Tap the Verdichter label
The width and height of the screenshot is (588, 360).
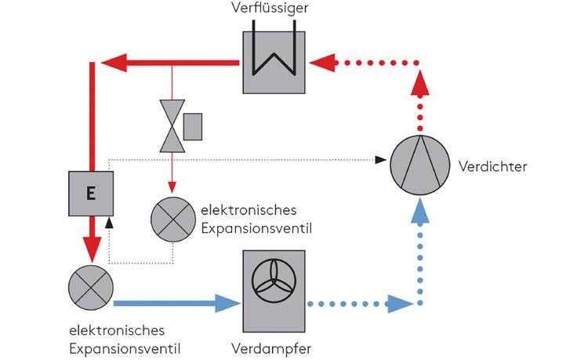tap(494, 166)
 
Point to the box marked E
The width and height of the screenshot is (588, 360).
tap(91, 192)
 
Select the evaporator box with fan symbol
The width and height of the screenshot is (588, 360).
tap(273, 289)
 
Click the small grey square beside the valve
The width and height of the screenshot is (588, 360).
tap(193, 125)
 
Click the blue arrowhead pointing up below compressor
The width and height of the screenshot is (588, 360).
tap(422, 209)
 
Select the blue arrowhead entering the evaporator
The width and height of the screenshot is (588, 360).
tap(227, 302)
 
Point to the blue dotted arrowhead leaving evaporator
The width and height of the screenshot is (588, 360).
tap(400, 302)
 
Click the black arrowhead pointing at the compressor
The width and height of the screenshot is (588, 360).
tap(381, 159)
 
